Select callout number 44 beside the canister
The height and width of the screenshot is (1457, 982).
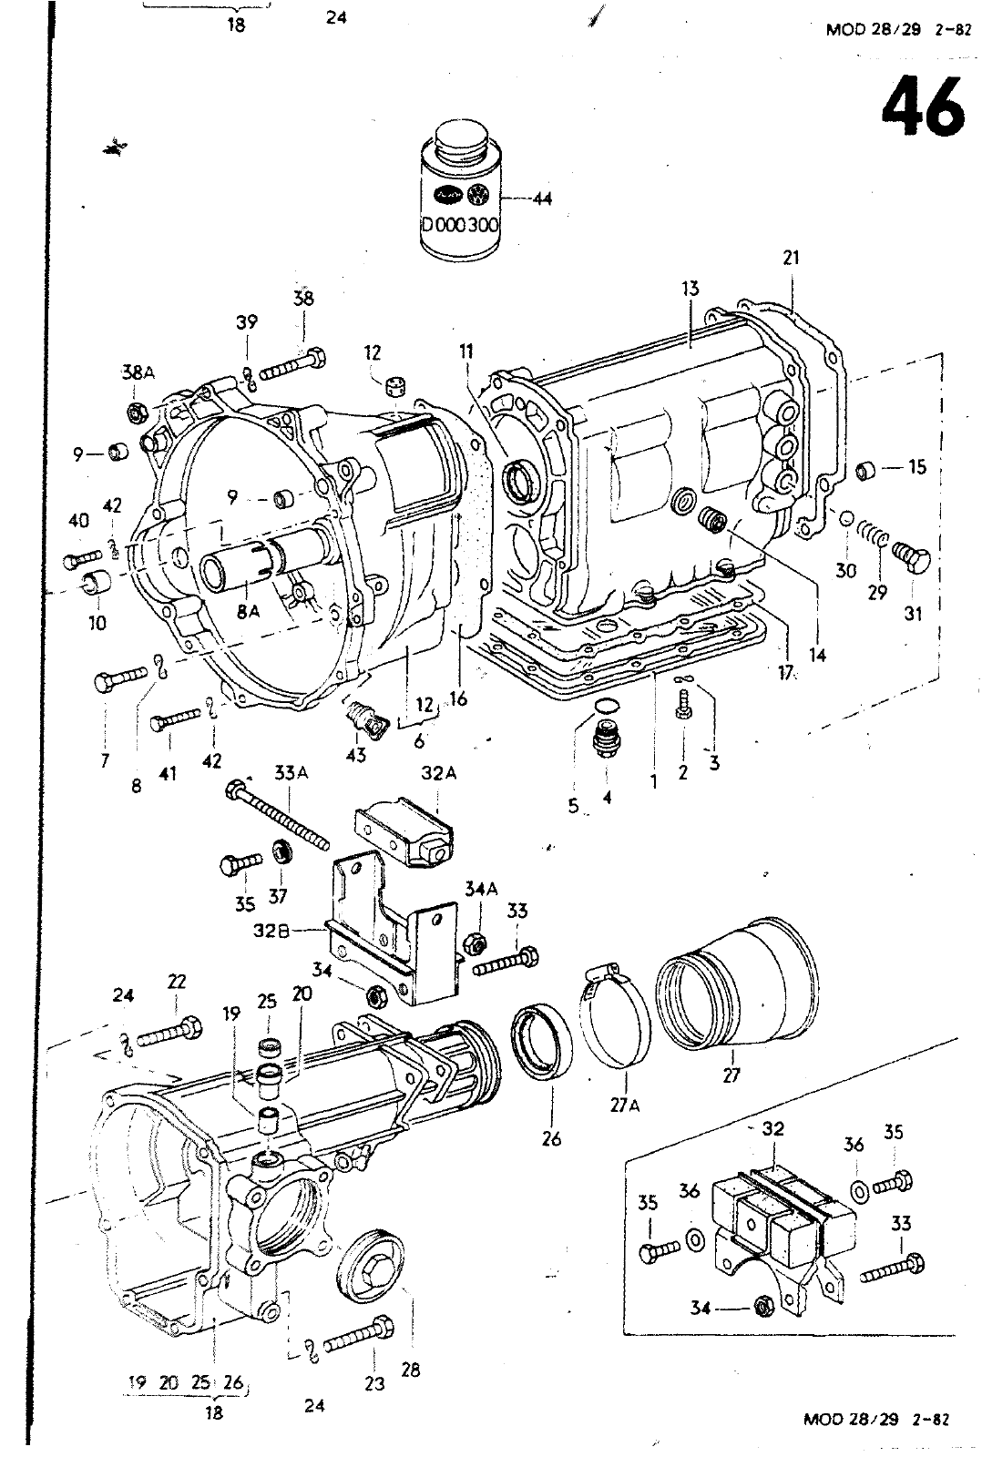[542, 199]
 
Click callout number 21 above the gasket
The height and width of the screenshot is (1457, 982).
[790, 258]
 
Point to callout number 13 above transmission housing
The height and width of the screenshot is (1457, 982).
[690, 289]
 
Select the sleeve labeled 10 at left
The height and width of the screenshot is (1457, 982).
[96, 583]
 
